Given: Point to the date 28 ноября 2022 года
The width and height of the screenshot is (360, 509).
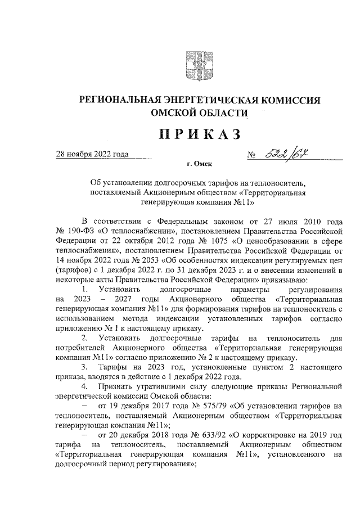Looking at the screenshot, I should [x=92, y=154].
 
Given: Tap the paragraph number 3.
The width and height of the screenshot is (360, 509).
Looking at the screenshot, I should [x=85, y=367].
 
